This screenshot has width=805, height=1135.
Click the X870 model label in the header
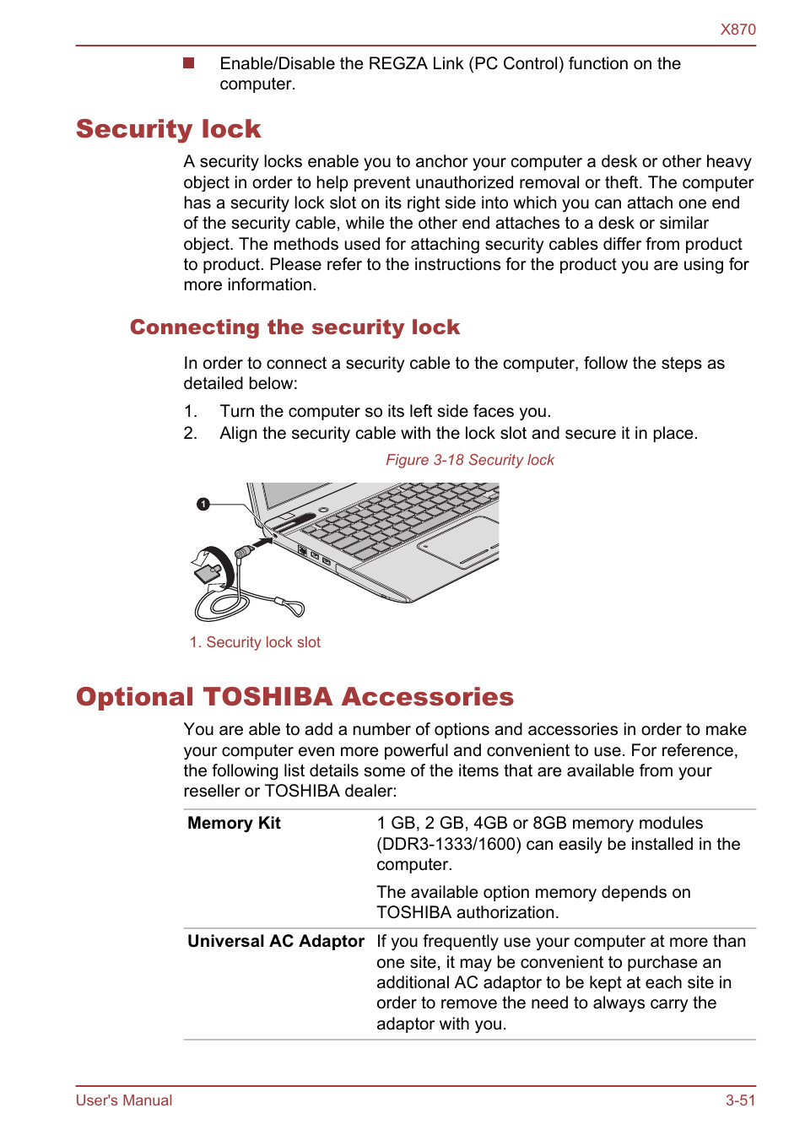pos(737,30)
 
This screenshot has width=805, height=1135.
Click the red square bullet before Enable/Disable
pos(189,63)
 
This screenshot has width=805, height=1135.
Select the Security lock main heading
pos(168,129)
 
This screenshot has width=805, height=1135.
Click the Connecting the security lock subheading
pos(294,327)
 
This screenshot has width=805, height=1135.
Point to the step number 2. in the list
pos(191,433)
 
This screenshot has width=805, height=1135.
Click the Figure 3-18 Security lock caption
pos(470,460)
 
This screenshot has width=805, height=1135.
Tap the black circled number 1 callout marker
pos(203,504)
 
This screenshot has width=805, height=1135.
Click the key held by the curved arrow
pos(208,573)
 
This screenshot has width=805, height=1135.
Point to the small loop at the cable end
pos(294,607)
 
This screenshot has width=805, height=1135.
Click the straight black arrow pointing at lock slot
pos(262,543)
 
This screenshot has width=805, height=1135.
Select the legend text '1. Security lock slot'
pos(255,642)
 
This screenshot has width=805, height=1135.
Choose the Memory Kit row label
pos(234,824)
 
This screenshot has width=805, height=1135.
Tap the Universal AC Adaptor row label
pos(276,942)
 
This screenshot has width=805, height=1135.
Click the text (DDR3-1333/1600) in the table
pos(448,844)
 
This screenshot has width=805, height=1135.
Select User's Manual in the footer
pos(123,1100)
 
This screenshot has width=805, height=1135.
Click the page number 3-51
pos(740,1100)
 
